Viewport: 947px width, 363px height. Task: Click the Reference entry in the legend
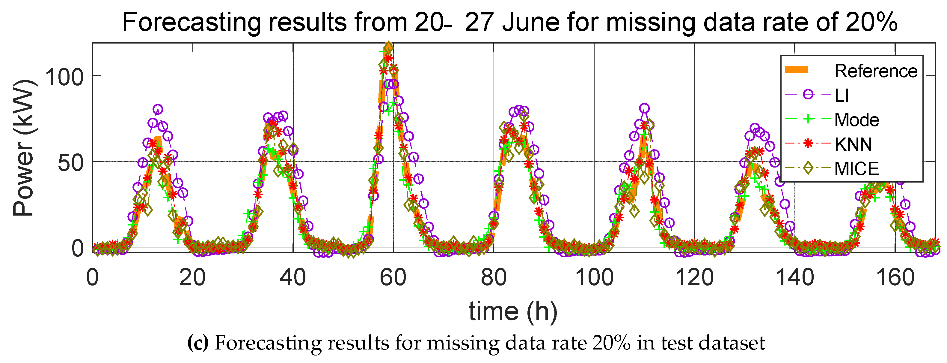[876, 71]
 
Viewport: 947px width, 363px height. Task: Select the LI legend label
[842, 95]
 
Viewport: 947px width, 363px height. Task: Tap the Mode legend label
[856, 120]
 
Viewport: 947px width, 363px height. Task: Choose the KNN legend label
[853, 144]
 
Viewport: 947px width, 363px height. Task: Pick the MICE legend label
[856, 169]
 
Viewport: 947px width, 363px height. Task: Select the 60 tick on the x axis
[393, 278]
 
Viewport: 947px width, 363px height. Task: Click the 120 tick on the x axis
[694, 278]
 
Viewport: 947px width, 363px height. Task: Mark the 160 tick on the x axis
[895, 278]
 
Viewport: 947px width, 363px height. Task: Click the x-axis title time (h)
[513, 311]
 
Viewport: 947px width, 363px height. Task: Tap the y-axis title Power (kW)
[24, 147]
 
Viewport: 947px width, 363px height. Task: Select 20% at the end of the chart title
[871, 22]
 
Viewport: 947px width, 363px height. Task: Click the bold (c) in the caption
[198, 343]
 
